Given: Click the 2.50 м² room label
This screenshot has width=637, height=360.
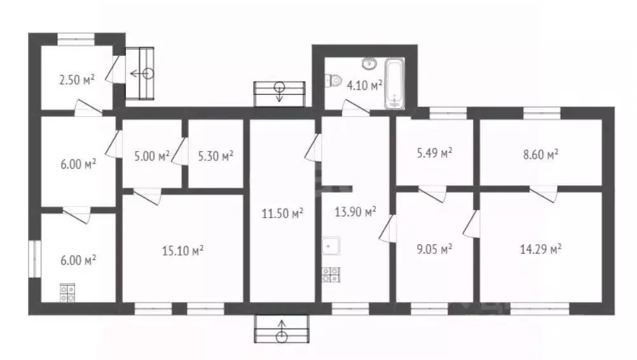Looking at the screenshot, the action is coord(77,80).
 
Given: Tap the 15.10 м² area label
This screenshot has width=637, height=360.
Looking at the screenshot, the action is coord(183,251).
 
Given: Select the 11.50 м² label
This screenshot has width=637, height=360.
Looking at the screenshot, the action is coord(282,213).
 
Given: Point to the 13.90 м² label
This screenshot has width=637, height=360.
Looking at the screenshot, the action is coord(355,212).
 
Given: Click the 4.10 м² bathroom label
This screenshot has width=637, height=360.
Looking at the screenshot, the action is coord(364,85).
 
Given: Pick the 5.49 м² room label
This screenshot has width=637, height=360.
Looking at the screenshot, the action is coord(435,153).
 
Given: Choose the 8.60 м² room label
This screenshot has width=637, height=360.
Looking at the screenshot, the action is coord(541,155).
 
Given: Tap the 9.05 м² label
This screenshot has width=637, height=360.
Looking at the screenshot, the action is coord(435,249).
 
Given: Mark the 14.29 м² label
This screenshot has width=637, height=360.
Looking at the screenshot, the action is coord(541,249).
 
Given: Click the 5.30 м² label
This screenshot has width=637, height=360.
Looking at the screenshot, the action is coord(216,156).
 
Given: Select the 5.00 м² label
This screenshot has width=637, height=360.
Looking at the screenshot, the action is coord(152,156).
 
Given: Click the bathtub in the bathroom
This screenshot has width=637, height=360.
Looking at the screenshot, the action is coord(394,84).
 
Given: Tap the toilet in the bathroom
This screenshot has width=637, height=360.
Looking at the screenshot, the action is coord(334,80).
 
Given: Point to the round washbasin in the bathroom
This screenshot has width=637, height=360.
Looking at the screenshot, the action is coord(369,64).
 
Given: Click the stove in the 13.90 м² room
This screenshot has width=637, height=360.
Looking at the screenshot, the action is coord(331,275).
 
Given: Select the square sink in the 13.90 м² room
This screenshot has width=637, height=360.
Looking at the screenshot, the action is coord(331,246).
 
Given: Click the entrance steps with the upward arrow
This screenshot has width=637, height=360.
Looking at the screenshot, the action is coord(282,329).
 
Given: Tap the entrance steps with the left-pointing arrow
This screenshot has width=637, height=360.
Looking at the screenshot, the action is coord(139,74).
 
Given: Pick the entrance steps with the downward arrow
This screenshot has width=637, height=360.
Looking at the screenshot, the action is coord(280,94).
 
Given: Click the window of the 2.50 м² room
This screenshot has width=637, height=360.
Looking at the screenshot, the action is coord(76,39).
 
